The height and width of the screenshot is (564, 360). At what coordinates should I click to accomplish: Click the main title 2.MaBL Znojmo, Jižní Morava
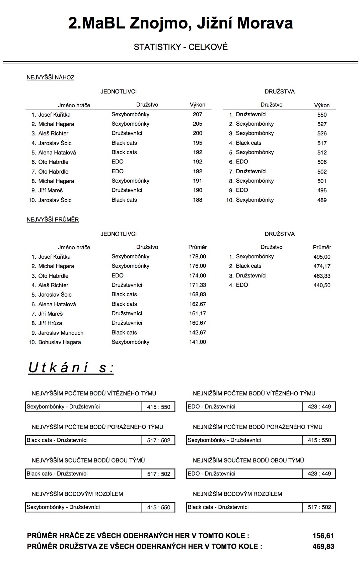pos(181,23)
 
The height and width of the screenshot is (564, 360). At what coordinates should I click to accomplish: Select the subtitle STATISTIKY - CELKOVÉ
pos(181,47)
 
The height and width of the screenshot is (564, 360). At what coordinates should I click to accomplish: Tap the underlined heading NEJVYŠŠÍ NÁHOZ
pos(51,78)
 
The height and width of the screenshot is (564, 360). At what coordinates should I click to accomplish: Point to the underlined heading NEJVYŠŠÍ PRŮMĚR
pos(53,220)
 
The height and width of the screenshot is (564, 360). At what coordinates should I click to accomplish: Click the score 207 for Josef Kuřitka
pos(198,114)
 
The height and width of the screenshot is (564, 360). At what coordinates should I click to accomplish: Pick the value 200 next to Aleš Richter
pos(198,133)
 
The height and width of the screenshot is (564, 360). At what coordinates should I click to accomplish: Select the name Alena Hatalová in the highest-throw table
pos(57,152)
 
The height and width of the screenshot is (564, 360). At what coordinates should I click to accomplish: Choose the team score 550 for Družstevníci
pos(322,115)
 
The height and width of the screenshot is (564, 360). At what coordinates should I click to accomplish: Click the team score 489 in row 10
pos(322,200)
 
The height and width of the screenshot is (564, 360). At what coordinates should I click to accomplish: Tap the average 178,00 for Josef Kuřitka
pos(198,257)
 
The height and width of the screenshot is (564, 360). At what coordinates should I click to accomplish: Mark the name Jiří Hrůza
pos(50,323)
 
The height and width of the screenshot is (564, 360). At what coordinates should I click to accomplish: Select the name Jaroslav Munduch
pos(61,333)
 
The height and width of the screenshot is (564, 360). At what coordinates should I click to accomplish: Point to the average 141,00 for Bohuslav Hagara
pos(198,342)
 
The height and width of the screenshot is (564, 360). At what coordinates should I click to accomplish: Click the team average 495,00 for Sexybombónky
pos(322,257)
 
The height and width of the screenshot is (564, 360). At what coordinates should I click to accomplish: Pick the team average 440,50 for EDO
pos(322,286)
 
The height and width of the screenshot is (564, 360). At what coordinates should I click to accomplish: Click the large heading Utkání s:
pos(71,368)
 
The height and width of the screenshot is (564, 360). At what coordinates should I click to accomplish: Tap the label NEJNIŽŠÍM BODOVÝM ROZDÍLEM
pos(237,494)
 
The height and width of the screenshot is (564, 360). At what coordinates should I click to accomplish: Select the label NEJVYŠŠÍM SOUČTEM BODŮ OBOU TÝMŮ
pos(88,460)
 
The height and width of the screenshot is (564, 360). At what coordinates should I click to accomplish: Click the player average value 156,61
pos(323,536)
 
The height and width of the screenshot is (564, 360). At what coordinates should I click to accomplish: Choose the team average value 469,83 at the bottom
pos(323,547)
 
